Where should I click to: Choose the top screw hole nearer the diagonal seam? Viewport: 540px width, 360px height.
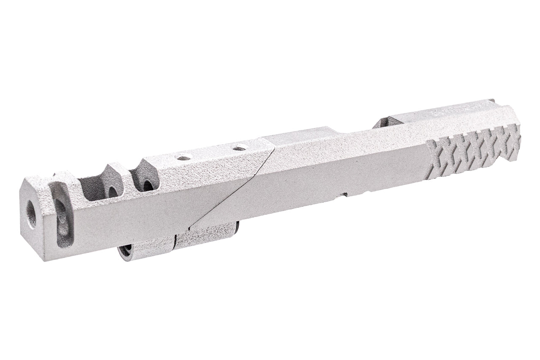[240, 147]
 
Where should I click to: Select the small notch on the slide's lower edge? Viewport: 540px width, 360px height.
[345, 195]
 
